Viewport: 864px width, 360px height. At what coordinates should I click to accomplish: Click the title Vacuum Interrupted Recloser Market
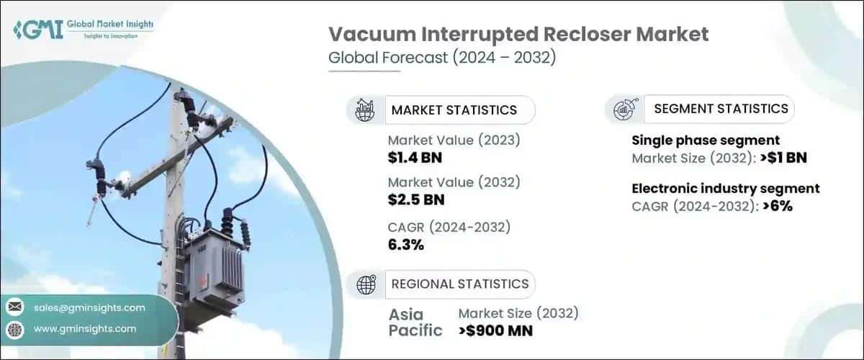518,34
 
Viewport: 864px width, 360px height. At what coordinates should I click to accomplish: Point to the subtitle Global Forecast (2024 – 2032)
441,58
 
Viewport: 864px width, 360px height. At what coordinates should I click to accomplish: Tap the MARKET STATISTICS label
454,110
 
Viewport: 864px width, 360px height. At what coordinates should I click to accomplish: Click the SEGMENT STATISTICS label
721,109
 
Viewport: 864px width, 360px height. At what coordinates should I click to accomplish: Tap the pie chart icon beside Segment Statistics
624,109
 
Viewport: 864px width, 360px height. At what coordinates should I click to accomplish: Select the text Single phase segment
706,140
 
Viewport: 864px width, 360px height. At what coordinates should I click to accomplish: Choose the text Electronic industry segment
725,189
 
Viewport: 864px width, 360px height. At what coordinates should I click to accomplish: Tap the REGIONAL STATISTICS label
459,284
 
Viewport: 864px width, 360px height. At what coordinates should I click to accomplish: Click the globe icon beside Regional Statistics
366,284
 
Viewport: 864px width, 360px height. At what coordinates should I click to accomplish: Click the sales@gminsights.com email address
89,307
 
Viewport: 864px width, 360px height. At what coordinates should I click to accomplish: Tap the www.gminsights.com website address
84,328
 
